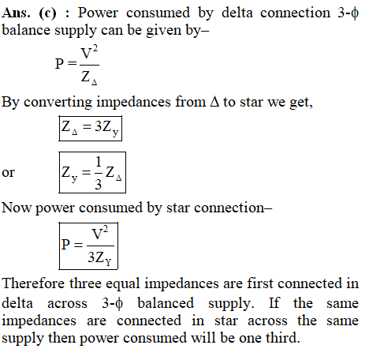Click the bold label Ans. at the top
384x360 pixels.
click(x=16, y=13)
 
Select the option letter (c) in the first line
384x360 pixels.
click(x=47, y=13)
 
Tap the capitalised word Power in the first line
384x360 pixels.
click(x=98, y=13)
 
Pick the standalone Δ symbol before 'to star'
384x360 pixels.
click(x=214, y=102)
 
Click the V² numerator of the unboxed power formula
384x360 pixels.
click(x=89, y=53)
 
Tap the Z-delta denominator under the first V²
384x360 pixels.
click(x=89, y=78)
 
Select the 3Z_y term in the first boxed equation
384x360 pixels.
click(x=106, y=128)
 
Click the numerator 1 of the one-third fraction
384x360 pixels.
click(x=99, y=162)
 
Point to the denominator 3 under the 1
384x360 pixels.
click(x=98, y=184)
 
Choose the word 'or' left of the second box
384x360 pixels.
click(x=8, y=173)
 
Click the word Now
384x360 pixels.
click(x=17, y=208)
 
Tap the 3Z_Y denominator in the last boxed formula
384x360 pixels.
click(x=99, y=257)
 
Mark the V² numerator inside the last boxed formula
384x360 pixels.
click(x=99, y=233)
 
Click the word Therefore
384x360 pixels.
click(x=33, y=283)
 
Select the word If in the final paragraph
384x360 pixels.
click(x=274, y=302)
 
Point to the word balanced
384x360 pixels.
click(x=166, y=302)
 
